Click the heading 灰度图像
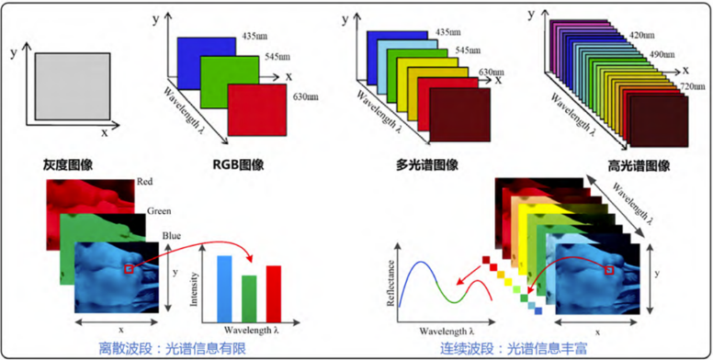pos(68,166)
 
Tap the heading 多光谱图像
pos(421,166)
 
